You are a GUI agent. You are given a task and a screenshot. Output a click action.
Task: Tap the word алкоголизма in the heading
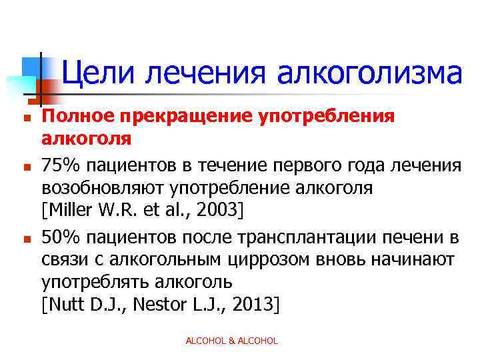[369, 73]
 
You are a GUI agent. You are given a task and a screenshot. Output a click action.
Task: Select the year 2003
[219, 211]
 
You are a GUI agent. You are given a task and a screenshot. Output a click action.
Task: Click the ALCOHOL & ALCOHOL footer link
[231, 341]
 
